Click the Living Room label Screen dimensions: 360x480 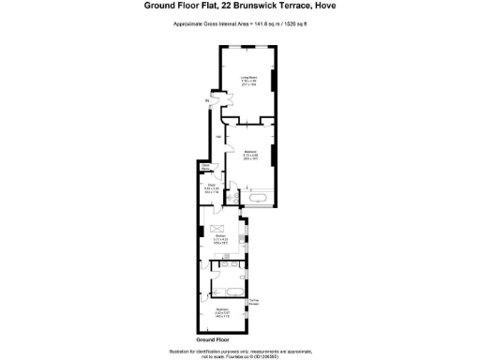coord(247,78)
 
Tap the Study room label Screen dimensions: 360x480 coord(212,186)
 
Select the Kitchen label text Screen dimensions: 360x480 coord(219,237)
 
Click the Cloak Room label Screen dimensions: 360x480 coord(203,167)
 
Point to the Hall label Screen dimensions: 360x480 coord(218,138)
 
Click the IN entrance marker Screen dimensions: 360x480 coord(208,100)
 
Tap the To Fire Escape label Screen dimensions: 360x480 coord(253,301)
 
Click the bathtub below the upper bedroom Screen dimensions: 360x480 coord(258,198)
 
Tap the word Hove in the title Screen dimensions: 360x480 coord(325,6)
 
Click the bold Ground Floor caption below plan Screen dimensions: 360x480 coord(213,337)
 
